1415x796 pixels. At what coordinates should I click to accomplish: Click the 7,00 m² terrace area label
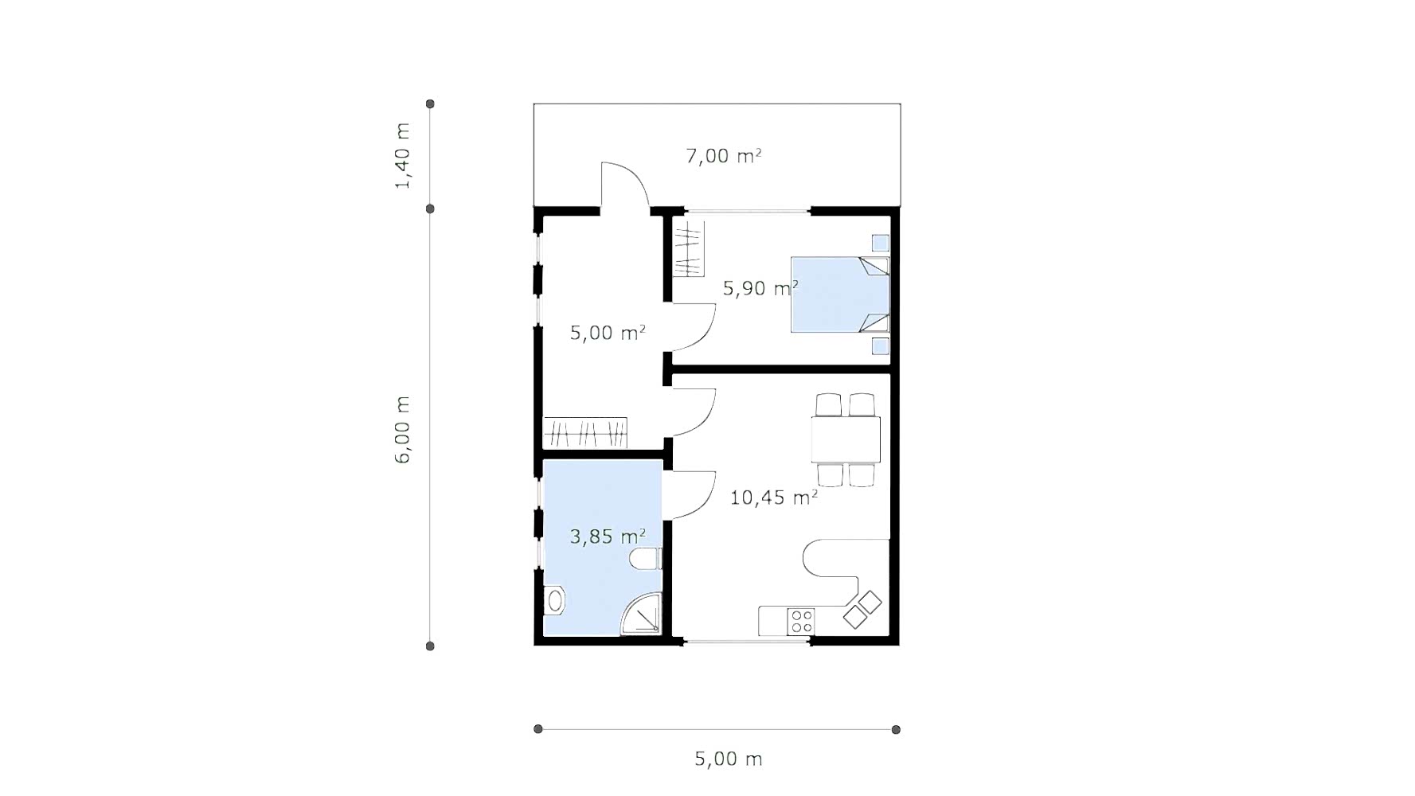(724, 155)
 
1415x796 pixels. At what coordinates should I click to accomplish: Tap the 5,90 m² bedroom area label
(760, 288)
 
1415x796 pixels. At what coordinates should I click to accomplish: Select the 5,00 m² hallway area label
(608, 333)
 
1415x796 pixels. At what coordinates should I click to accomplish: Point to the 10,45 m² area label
(774, 497)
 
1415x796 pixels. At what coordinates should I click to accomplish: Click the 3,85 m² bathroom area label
(608, 537)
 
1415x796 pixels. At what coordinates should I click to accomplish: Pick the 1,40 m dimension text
(403, 156)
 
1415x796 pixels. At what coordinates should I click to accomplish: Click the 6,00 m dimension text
(403, 430)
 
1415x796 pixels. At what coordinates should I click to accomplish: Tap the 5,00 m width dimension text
(729, 759)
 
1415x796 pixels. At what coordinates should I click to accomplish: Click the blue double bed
(840, 295)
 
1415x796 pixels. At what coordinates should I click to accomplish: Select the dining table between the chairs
(846, 439)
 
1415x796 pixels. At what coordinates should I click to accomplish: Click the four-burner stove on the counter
(801, 621)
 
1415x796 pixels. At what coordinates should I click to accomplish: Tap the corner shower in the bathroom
(642, 614)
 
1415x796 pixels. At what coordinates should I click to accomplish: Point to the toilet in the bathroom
(646, 560)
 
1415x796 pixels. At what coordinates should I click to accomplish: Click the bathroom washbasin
(554, 601)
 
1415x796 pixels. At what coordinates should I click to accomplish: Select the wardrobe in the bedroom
(689, 249)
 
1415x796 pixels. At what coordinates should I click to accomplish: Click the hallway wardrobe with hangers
(585, 433)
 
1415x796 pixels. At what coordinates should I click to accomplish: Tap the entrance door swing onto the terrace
(625, 185)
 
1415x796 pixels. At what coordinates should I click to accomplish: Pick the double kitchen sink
(862, 610)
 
